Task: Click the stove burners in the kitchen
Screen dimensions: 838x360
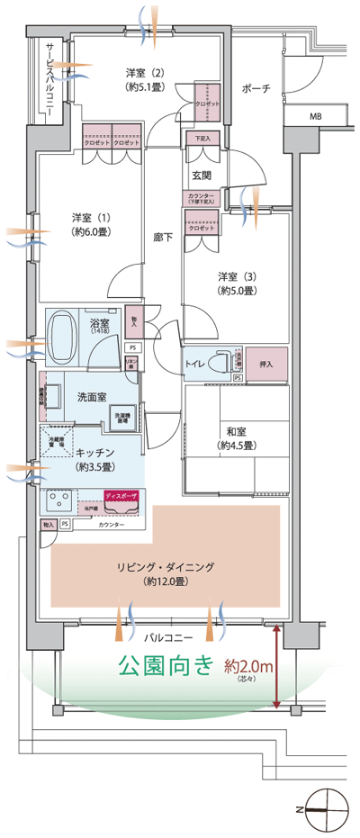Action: point(58,500)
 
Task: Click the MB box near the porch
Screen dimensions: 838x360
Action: point(316,116)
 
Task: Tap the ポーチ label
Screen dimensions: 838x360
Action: point(256,89)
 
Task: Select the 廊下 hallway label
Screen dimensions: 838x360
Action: point(163,236)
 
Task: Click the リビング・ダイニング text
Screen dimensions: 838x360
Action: point(165,566)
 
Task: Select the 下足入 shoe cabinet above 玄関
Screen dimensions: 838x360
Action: point(202,139)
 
